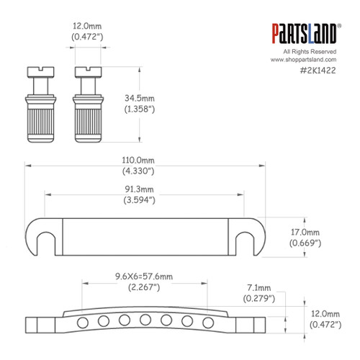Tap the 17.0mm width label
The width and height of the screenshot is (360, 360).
click(305, 233)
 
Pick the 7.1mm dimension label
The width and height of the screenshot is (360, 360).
click(255, 288)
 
